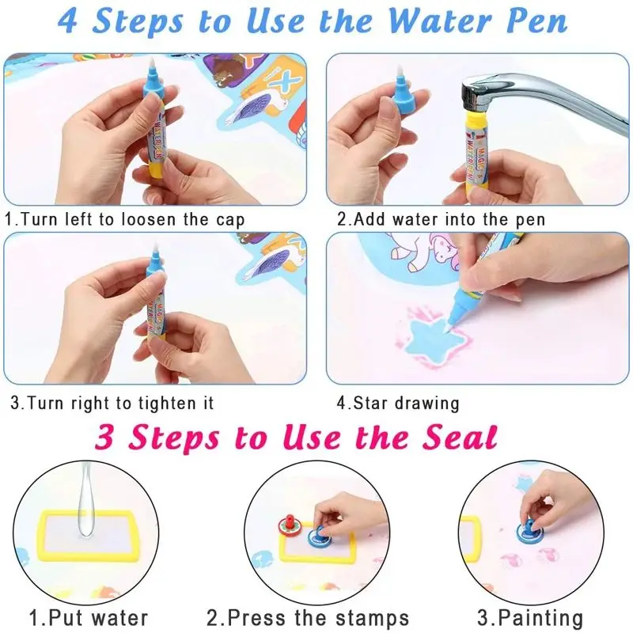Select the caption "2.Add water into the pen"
[441, 219]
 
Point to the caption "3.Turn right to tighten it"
[112, 403]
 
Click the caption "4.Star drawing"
[398, 403]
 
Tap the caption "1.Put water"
[89, 617]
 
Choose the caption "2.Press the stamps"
[308, 617]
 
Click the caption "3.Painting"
[531, 617]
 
